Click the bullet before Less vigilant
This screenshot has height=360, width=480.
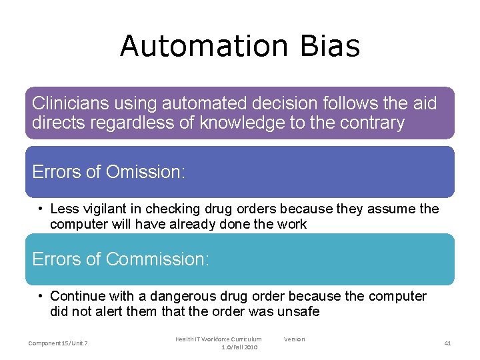click(x=41, y=209)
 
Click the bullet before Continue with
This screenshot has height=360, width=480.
click(x=41, y=296)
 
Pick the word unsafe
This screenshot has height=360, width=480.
click(x=301, y=311)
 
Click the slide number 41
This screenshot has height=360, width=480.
click(x=447, y=343)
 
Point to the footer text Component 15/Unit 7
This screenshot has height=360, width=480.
click(x=59, y=343)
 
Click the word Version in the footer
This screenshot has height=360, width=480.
click(x=294, y=339)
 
